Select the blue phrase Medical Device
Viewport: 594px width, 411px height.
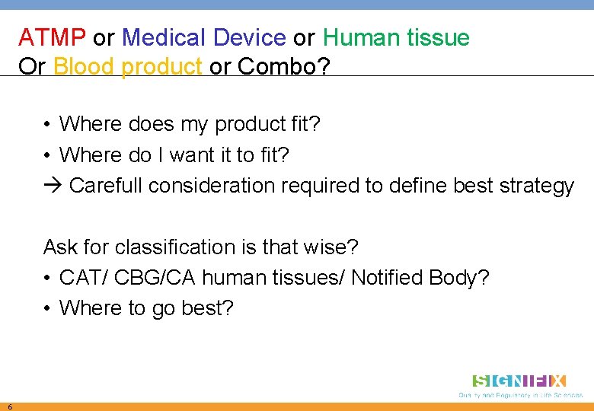pyautogui.click(x=203, y=37)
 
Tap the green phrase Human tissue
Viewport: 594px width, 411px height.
pyautogui.click(x=396, y=37)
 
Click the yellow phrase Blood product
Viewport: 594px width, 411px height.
pyautogui.click(x=127, y=67)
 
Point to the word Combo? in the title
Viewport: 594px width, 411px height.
pyautogui.click(x=284, y=67)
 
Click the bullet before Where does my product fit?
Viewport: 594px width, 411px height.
pyautogui.click(x=47, y=124)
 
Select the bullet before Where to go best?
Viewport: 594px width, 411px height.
pyautogui.click(x=47, y=308)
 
